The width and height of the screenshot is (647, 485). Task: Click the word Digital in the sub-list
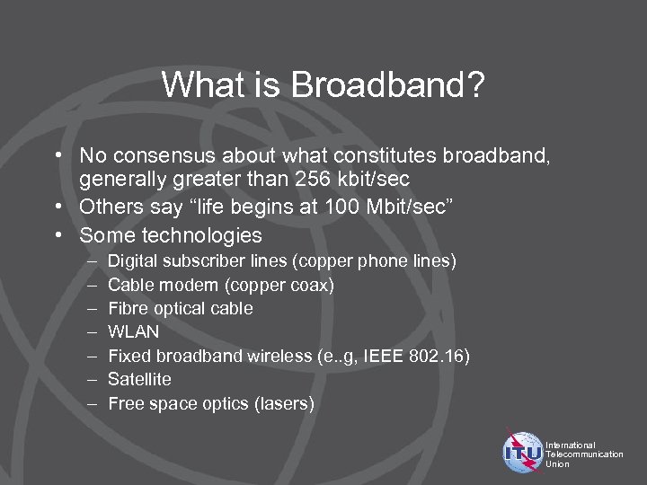pyautogui.click(x=133, y=261)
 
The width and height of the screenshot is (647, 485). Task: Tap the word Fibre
pyautogui.click(x=128, y=308)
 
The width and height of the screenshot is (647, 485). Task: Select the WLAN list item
pyautogui.click(x=133, y=331)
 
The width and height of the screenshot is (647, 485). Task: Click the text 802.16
pyautogui.click(x=439, y=356)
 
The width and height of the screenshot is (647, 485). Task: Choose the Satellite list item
pyautogui.click(x=139, y=379)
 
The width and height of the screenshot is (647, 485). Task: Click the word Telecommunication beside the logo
pyautogui.click(x=584, y=454)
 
